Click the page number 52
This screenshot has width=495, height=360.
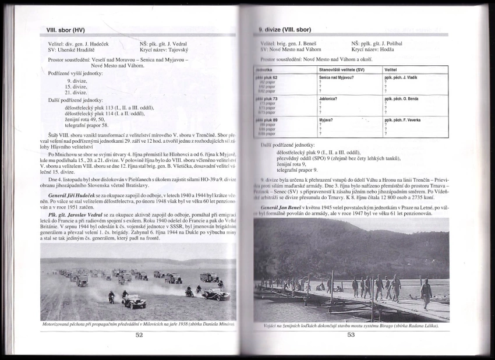coord(139,334)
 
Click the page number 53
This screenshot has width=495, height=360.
coord(351,334)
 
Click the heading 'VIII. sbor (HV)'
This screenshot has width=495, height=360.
coord(68,30)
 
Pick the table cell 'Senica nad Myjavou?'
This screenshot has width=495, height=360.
coord(336,77)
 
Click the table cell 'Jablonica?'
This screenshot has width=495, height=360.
coord(328,98)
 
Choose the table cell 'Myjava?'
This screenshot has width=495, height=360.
coord(326,119)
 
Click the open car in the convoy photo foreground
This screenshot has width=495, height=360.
coord(133,302)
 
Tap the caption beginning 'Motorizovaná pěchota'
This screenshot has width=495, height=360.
coord(139,323)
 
